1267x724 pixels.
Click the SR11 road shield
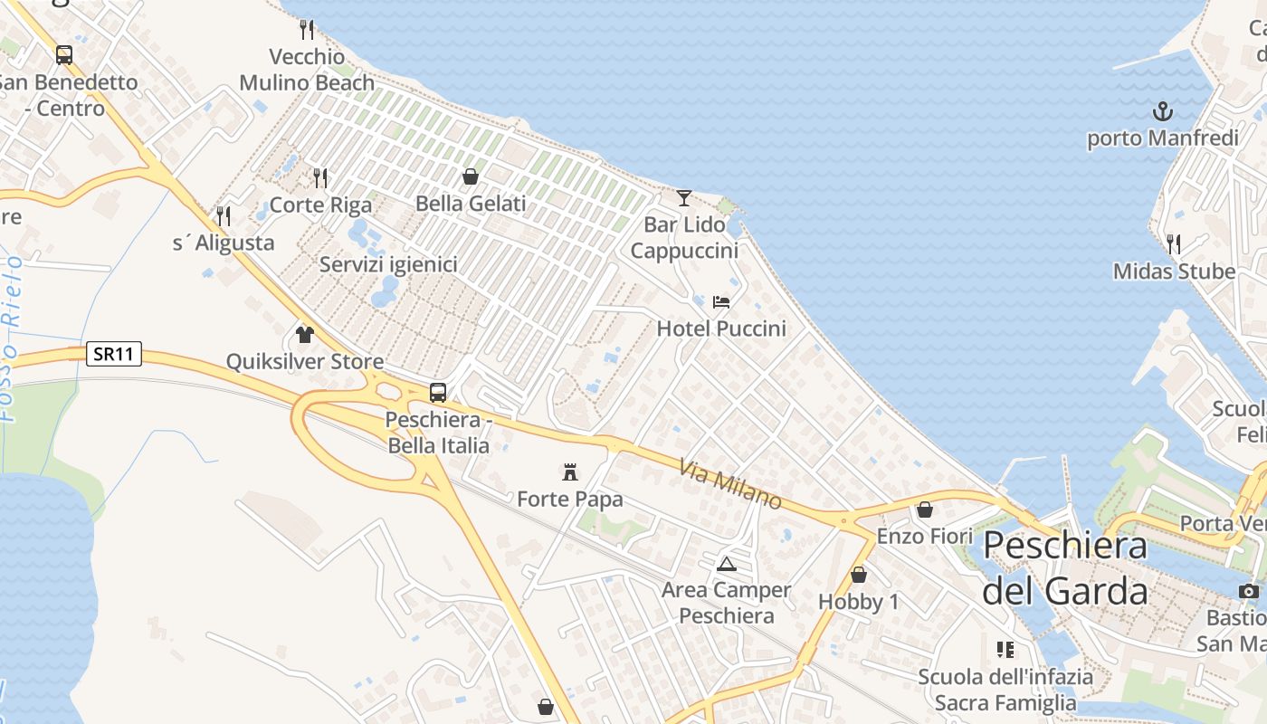point(115,354)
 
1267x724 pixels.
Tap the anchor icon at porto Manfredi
point(1162,111)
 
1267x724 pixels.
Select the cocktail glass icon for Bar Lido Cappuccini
point(684,197)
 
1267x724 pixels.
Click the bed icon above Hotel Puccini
point(721,301)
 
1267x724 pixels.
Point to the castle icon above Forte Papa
point(570,472)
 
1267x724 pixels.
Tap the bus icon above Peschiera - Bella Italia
point(438,393)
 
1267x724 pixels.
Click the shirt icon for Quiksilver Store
point(304,335)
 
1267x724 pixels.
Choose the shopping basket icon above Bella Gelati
point(470,176)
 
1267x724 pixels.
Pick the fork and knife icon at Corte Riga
point(320,177)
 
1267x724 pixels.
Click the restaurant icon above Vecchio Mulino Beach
point(307,30)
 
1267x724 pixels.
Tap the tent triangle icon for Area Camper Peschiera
point(726,564)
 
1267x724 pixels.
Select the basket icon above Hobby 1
point(858,575)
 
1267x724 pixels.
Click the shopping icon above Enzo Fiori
point(924,510)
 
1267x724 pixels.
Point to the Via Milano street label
point(730,484)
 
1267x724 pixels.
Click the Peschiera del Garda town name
point(1065,568)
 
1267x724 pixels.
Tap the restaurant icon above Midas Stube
point(1174,243)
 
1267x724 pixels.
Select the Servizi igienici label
point(388,265)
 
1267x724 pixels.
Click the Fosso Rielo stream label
point(11,339)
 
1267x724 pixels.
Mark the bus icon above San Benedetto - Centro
point(63,55)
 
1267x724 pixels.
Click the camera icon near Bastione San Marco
point(1249,592)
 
